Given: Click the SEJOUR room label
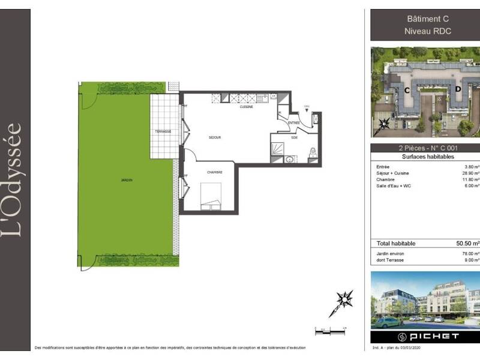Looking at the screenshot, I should click(215, 137).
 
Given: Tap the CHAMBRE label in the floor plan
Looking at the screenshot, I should click(215, 172).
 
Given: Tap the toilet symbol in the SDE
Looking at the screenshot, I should click(313, 154).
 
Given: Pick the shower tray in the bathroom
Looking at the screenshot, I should click(280, 146).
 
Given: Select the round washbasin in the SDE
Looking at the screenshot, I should click(290, 159).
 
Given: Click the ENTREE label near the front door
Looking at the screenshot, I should click(294, 122).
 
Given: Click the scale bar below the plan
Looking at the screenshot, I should click(331, 331).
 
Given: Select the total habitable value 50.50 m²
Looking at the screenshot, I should click(467, 244).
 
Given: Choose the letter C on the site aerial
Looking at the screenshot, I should click(407, 91).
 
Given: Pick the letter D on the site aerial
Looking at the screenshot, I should click(457, 89).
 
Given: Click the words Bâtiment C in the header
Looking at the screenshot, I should click(424, 19).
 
